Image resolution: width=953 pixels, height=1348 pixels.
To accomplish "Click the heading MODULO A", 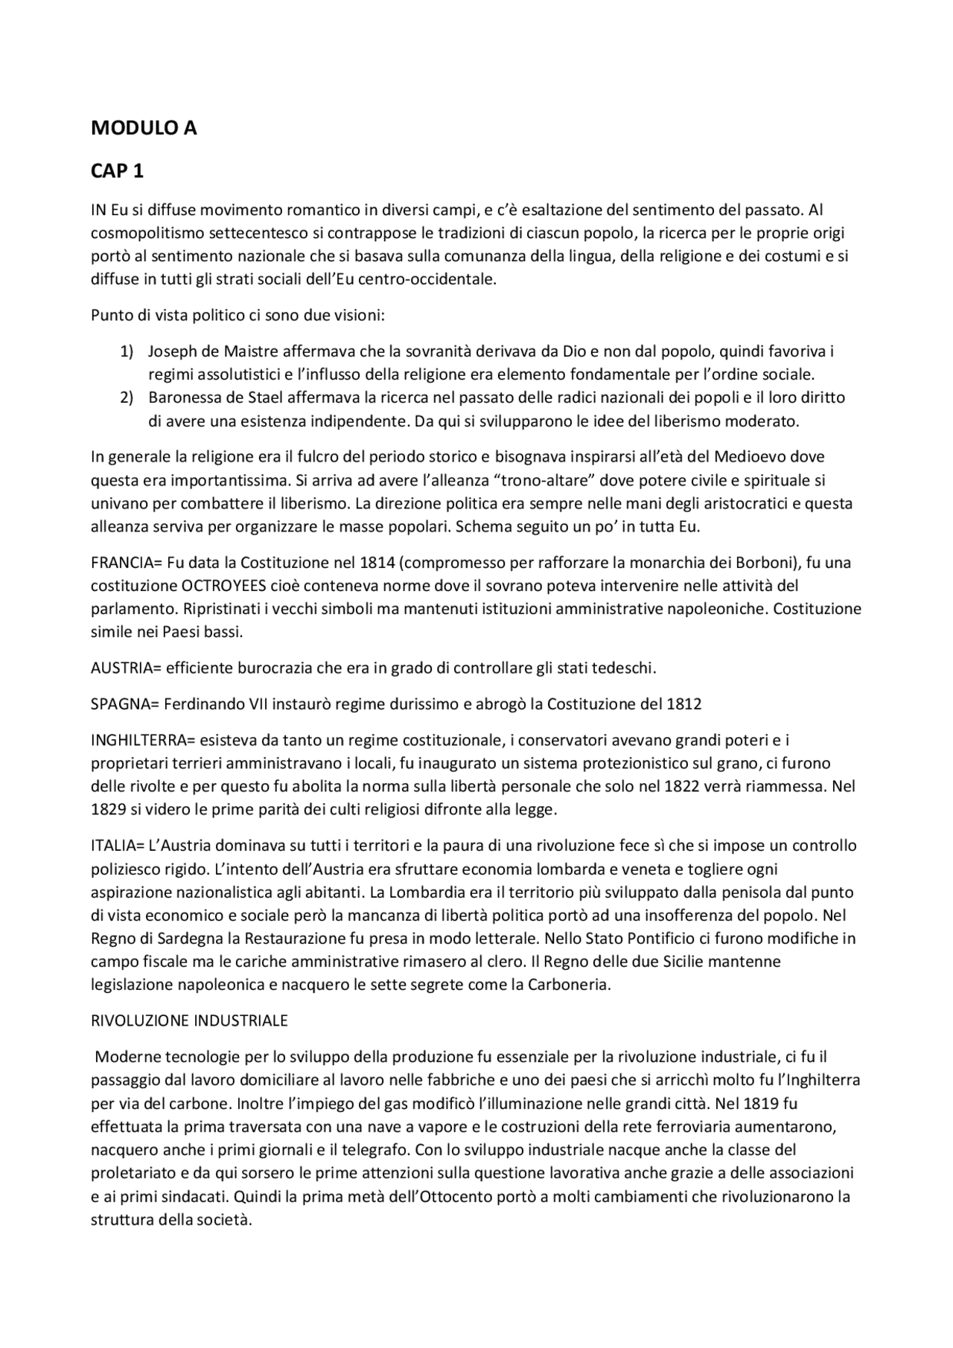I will point(144,128).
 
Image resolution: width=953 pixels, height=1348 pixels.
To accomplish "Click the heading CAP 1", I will point(117,171).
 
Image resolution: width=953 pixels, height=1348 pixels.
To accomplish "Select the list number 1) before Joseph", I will point(127,351).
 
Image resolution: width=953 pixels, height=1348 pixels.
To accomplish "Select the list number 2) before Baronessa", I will point(127,397).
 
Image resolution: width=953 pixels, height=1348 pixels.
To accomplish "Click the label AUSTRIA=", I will point(126,668).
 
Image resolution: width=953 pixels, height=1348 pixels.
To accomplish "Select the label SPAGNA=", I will point(124,703).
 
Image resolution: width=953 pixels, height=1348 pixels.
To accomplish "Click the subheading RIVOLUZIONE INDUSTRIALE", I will point(189,1020).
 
